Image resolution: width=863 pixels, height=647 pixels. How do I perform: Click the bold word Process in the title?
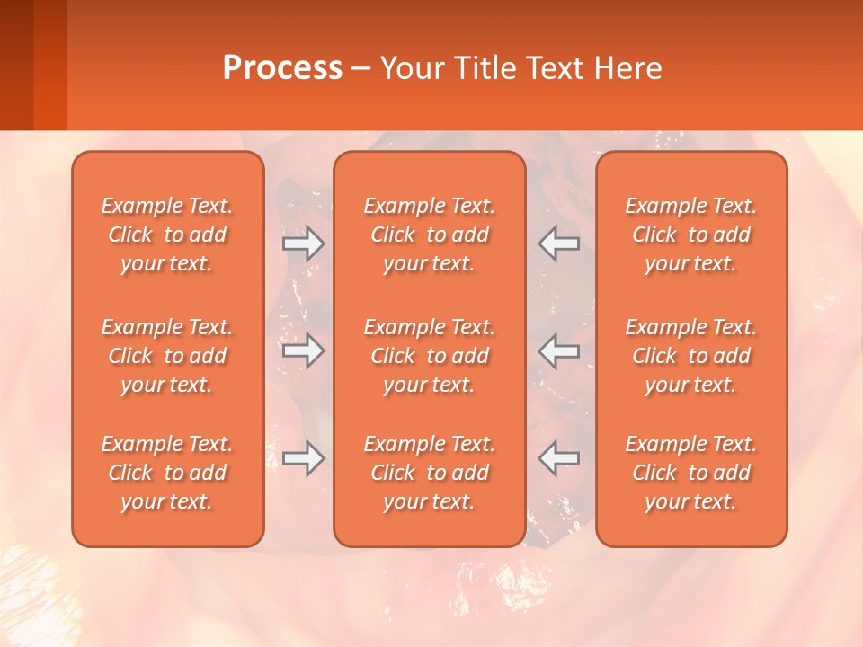[x=282, y=68]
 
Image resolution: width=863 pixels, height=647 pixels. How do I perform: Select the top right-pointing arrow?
[x=304, y=244]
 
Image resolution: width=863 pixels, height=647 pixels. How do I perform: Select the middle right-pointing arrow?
[x=304, y=350]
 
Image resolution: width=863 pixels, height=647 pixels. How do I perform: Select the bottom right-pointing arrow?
[x=304, y=458]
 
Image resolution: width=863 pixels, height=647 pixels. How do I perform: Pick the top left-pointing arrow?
[x=558, y=244]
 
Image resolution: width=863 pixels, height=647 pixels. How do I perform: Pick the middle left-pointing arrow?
[x=558, y=350]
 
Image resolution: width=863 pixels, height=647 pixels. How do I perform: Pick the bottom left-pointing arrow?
[x=558, y=458]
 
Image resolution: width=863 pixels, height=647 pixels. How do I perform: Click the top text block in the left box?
[x=167, y=235]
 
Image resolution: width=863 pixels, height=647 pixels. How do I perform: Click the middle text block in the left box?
[x=167, y=356]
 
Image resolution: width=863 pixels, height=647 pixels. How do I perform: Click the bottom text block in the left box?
[x=167, y=473]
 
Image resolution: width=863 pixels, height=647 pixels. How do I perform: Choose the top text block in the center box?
[x=429, y=235]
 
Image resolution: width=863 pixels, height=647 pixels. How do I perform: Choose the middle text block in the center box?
[x=429, y=356]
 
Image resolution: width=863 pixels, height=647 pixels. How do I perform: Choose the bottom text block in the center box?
[x=429, y=473]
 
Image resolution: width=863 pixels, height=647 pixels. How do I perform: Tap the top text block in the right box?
[x=691, y=235]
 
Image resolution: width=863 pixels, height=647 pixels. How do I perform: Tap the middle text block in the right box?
[x=691, y=356]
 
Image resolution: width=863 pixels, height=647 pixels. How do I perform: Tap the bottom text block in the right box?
[x=691, y=473]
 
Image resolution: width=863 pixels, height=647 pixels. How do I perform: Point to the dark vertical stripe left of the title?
[x=49, y=65]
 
